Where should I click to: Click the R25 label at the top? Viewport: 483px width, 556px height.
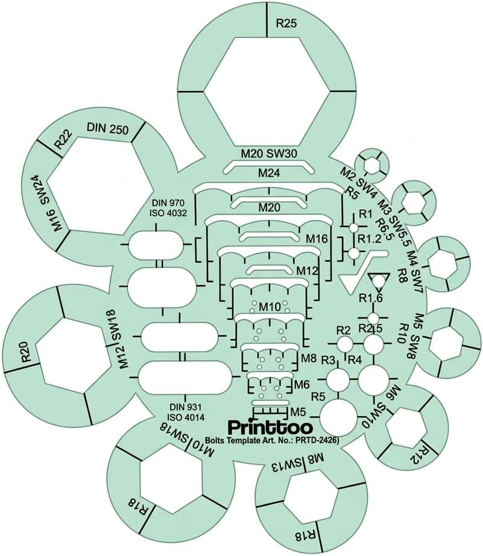286,24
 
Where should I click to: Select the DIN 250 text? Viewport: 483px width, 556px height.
107,128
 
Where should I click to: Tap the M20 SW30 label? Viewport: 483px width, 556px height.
269,154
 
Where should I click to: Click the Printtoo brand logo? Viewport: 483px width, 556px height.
270,427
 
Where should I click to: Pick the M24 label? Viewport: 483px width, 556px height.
269,173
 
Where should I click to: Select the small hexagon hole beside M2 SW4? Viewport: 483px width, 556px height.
372,165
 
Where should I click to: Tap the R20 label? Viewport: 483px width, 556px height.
29,351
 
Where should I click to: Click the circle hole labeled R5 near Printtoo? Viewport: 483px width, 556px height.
338,416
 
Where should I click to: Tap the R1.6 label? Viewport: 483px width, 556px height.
371,299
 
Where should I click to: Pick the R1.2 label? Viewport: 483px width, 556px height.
370,239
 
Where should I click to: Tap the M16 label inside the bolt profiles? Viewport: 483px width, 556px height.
317,239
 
